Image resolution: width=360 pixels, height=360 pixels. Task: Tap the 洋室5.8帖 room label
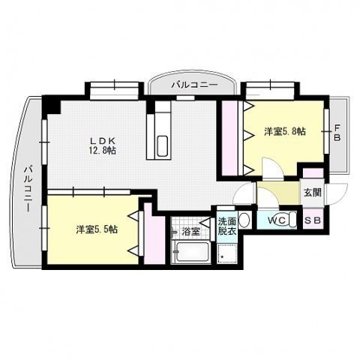[x=284, y=132]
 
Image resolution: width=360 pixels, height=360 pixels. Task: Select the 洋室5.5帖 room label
[x=96, y=229]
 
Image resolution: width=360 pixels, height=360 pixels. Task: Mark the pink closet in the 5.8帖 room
[x=229, y=139]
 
